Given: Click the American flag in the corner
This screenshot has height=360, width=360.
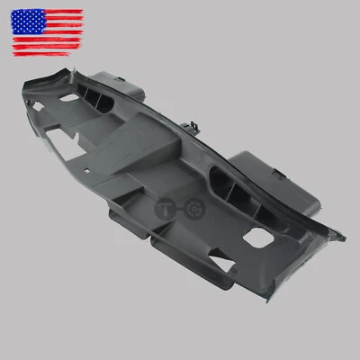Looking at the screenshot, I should [x=48, y=32].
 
